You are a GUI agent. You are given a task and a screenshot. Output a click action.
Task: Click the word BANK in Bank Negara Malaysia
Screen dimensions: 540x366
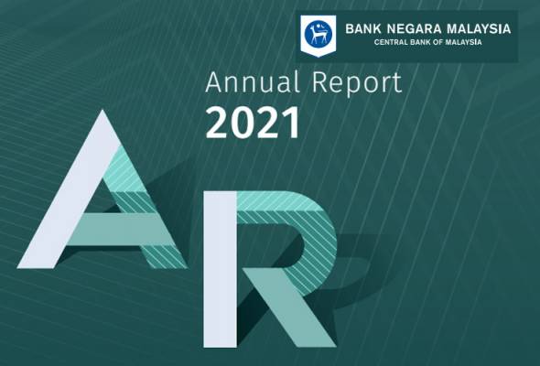363,29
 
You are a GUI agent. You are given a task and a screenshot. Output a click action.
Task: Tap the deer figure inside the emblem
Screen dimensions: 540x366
316,36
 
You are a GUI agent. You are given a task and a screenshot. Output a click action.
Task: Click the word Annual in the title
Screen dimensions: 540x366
252,82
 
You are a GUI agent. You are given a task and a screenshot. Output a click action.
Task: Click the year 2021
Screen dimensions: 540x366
253,123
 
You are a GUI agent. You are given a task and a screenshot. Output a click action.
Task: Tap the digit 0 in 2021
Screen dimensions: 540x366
241,123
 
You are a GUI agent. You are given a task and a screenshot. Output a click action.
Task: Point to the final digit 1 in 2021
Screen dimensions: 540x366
290,123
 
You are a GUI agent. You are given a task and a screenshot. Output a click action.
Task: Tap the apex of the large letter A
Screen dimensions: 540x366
103,111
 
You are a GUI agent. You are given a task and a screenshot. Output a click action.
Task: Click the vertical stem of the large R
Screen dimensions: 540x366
220,269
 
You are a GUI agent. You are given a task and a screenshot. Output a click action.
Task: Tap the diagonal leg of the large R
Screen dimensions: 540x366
289,307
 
